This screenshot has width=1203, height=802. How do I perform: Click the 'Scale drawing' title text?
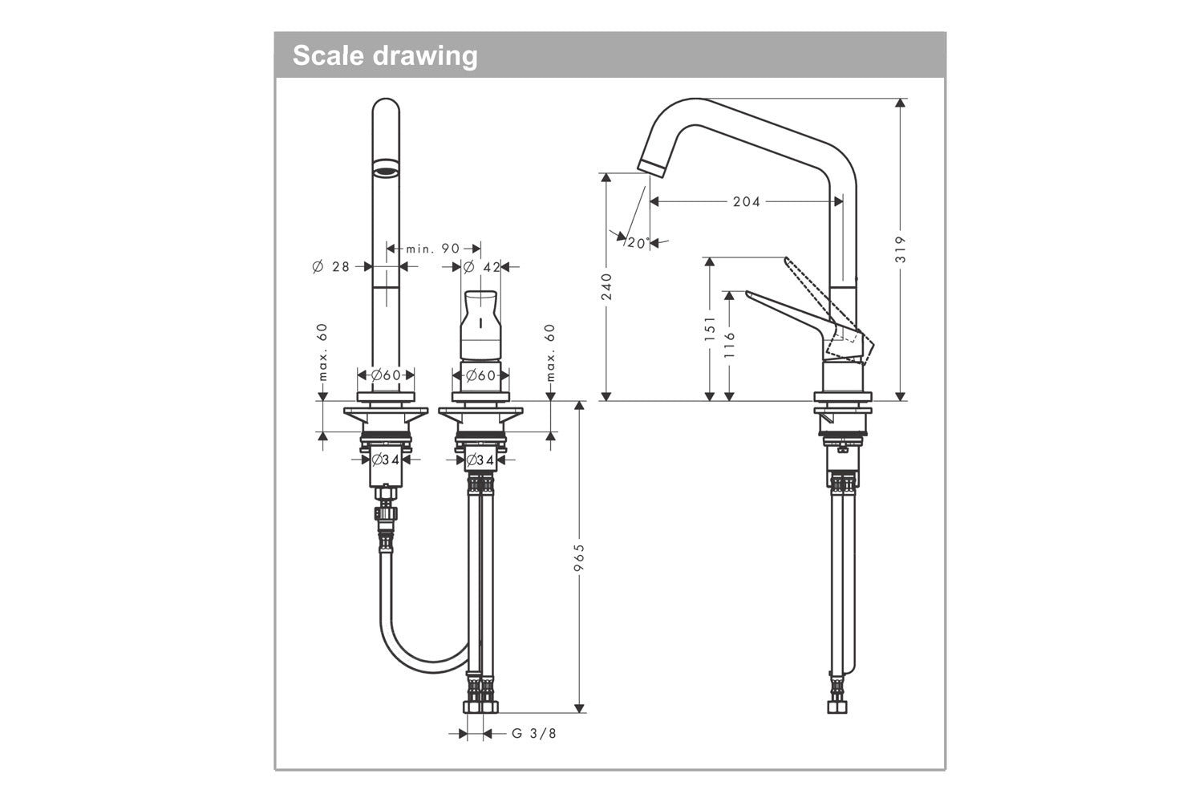(x=385, y=55)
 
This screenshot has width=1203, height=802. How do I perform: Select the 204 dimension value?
(x=746, y=201)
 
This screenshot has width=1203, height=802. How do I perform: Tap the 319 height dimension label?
(x=901, y=249)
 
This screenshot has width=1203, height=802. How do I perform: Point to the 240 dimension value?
(x=606, y=286)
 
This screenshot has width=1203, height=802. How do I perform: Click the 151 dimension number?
(x=710, y=329)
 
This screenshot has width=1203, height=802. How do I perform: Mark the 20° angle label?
(x=637, y=243)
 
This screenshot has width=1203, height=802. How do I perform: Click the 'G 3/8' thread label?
(x=533, y=733)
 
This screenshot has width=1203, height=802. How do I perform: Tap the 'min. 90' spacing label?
(x=433, y=249)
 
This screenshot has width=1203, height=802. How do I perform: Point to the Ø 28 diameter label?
(x=331, y=266)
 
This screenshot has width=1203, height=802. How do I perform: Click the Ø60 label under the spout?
(x=386, y=375)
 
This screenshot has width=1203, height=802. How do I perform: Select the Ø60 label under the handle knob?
(x=480, y=375)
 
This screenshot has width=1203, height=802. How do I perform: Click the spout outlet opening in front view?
(x=386, y=168)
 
